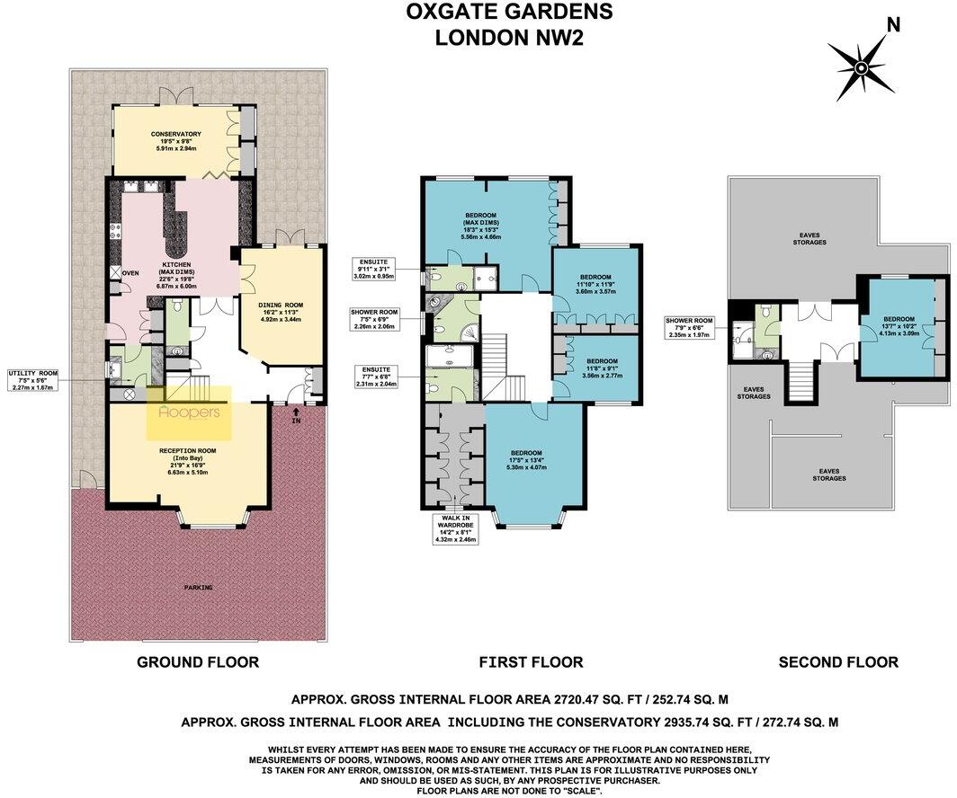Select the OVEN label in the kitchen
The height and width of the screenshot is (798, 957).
click(x=131, y=273)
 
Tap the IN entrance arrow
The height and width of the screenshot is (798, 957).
click(x=296, y=419)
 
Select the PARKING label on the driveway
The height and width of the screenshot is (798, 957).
click(x=198, y=588)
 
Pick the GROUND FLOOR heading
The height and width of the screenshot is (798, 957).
click(x=198, y=662)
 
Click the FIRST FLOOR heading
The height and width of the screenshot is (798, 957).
click(x=531, y=662)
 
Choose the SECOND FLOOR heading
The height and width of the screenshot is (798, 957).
click(x=838, y=662)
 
